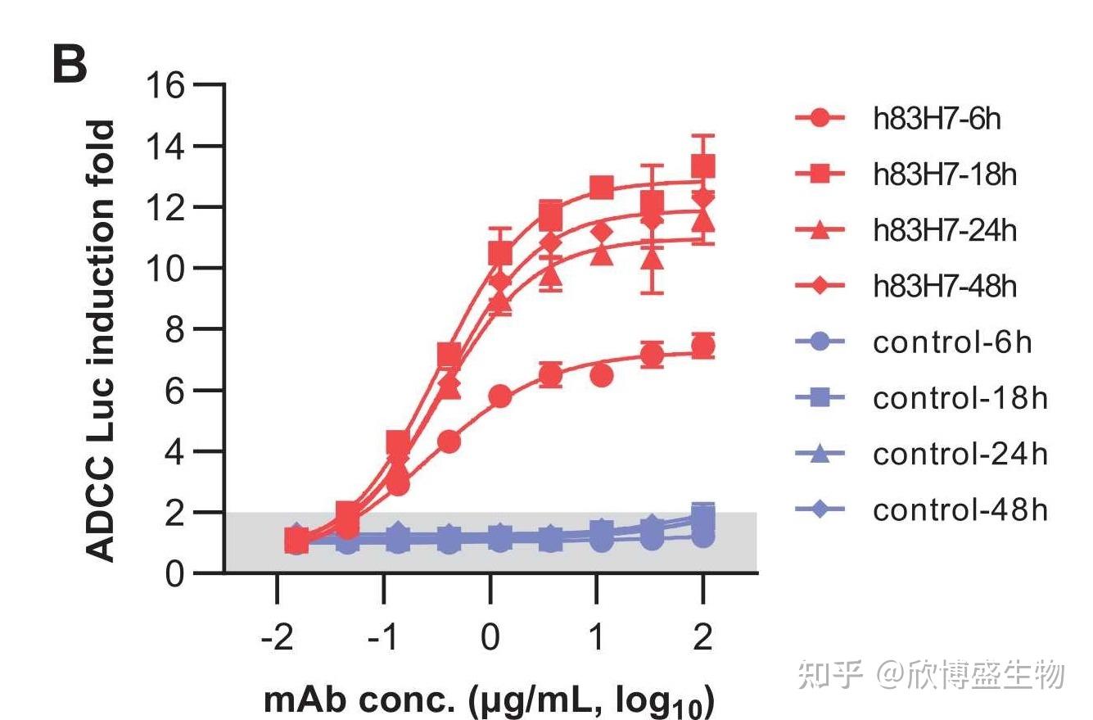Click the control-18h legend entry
point(960,399)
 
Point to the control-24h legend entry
point(960,455)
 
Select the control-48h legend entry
point(960,510)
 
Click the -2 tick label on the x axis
point(275,636)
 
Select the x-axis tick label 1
point(596,636)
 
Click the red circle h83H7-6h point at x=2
point(702,346)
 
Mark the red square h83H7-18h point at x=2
point(702,167)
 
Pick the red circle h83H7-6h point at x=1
point(601,376)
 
